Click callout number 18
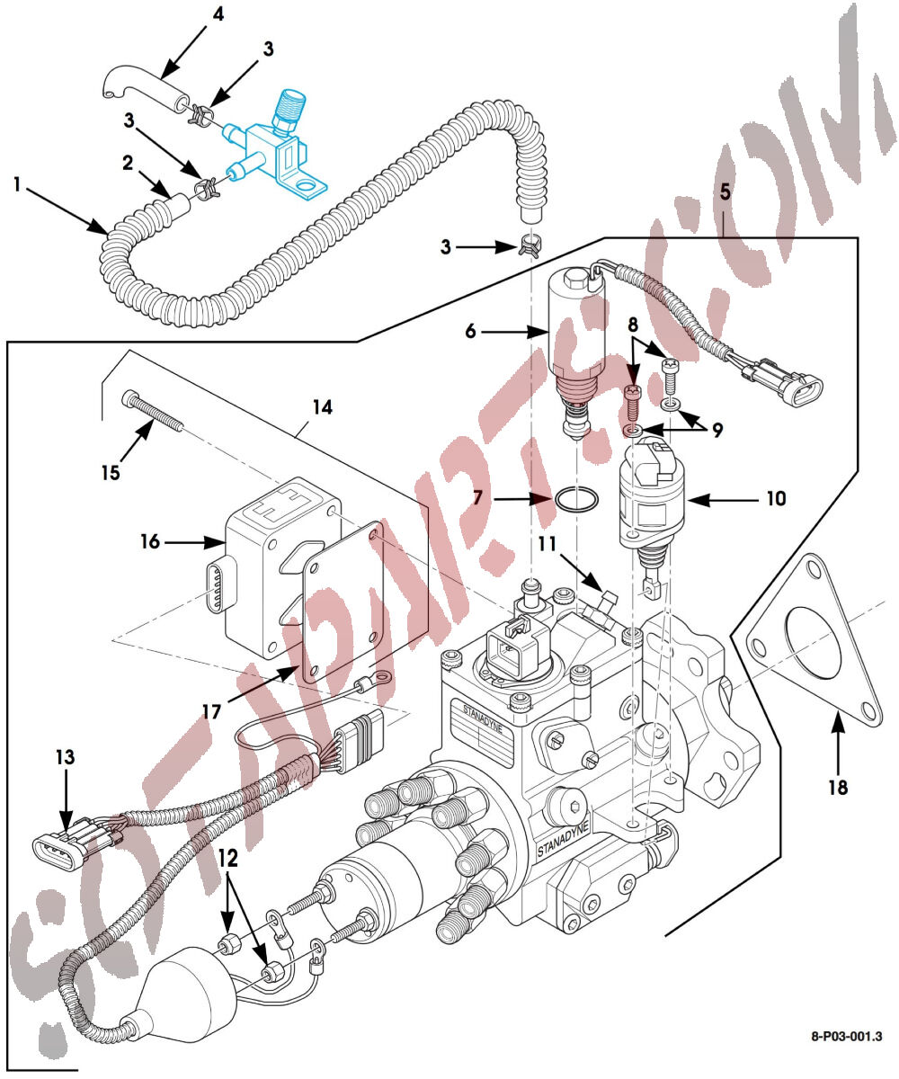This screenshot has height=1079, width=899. point(838,788)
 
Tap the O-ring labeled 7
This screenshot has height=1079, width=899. point(574,500)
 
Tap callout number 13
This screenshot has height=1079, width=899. point(65,757)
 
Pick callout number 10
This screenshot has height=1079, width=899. point(776,496)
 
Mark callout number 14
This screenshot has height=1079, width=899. point(321,408)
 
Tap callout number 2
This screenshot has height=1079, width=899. point(129,162)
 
